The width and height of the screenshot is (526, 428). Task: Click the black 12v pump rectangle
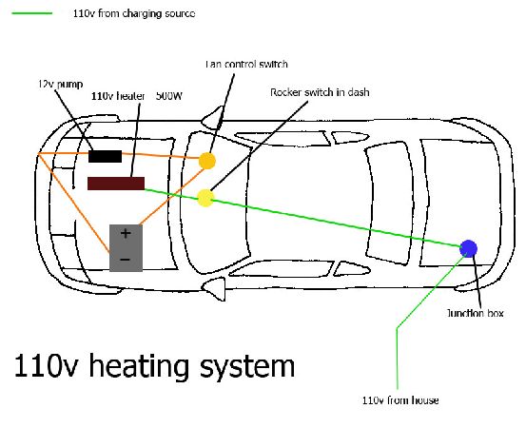(105, 156)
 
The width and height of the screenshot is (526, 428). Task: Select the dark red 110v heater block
(116, 184)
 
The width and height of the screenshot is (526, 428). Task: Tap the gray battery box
(127, 248)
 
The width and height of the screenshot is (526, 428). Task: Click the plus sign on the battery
(126, 233)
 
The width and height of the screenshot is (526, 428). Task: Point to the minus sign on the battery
(125, 260)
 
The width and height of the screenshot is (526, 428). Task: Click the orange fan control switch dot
(207, 161)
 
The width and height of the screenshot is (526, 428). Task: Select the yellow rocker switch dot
(205, 198)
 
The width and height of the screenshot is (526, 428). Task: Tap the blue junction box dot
(468, 248)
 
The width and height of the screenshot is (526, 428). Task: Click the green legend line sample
(32, 13)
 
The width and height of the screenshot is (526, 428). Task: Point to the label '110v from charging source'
(134, 13)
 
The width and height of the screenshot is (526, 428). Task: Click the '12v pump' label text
(61, 84)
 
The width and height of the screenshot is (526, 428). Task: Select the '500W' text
(169, 96)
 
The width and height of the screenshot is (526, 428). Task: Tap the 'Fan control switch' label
(246, 64)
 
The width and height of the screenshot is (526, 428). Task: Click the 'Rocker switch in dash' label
(320, 92)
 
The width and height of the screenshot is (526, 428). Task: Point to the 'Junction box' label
(476, 313)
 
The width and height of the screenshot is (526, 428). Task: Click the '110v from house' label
(400, 400)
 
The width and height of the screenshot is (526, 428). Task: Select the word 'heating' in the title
(139, 366)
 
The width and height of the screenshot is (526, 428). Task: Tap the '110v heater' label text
(118, 96)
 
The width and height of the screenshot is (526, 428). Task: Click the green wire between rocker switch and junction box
(337, 224)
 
